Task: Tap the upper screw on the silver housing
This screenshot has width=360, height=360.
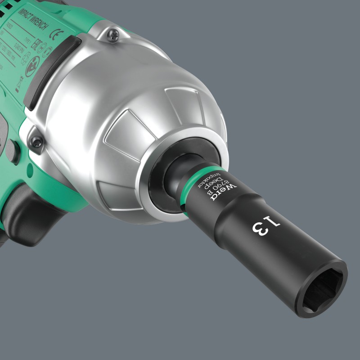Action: click(x=112, y=34)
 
